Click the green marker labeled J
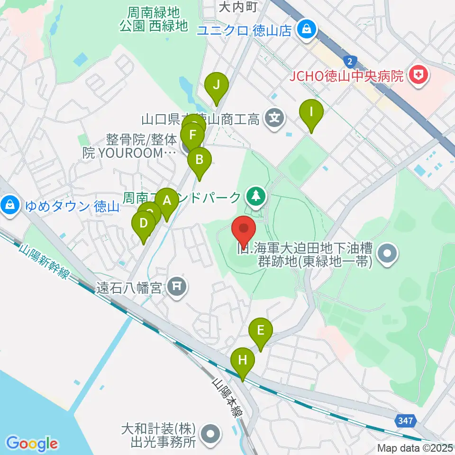click(217, 86)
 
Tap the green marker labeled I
click(311, 112)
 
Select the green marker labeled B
click(200, 159)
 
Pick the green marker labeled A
click(166, 201)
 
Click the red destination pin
click(244, 229)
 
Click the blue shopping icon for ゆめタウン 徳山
click(9, 205)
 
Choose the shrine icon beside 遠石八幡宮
click(177, 286)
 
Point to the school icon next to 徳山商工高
click(274, 117)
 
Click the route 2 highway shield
click(350, 61)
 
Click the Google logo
click(32, 444)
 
